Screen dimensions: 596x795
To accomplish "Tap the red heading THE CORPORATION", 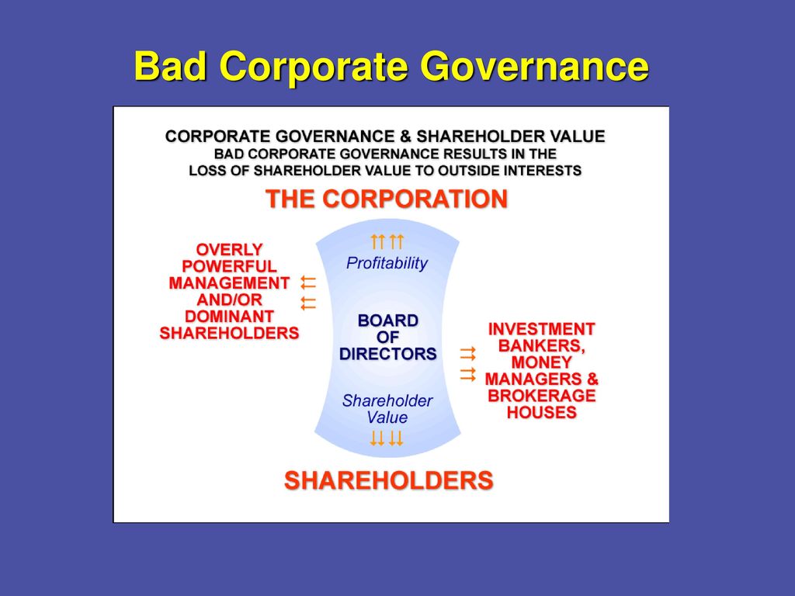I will [x=387, y=199].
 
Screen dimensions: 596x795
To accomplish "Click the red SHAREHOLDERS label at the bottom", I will [x=388, y=480].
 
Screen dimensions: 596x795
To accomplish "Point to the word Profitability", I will [x=387, y=263].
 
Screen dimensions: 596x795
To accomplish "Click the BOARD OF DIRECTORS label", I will [x=387, y=337].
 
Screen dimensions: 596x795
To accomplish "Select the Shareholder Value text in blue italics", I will [x=387, y=409].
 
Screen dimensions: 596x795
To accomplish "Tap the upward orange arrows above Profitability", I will [x=387, y=241].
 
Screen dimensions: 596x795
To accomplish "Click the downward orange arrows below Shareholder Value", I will [x=387, y=439].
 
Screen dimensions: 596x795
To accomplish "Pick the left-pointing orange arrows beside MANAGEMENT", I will [x=308, y=292].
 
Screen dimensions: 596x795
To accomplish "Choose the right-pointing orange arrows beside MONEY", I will [x=467, y=364].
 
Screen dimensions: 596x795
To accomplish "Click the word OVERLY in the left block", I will [x=229, y=250].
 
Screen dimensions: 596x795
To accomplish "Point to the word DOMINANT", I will [x=229, y=317].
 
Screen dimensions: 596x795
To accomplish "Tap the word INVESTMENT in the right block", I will [x=541, y=329].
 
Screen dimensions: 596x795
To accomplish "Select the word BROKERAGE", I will [x=541, y=396].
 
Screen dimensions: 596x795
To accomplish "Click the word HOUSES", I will [x=541, y=413].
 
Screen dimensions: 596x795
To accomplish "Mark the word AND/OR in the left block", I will [x=229, y=300].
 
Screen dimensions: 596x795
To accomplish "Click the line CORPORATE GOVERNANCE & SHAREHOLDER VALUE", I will [x=385, y=137].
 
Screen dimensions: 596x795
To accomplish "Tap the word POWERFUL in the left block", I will [x=229, y=266].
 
